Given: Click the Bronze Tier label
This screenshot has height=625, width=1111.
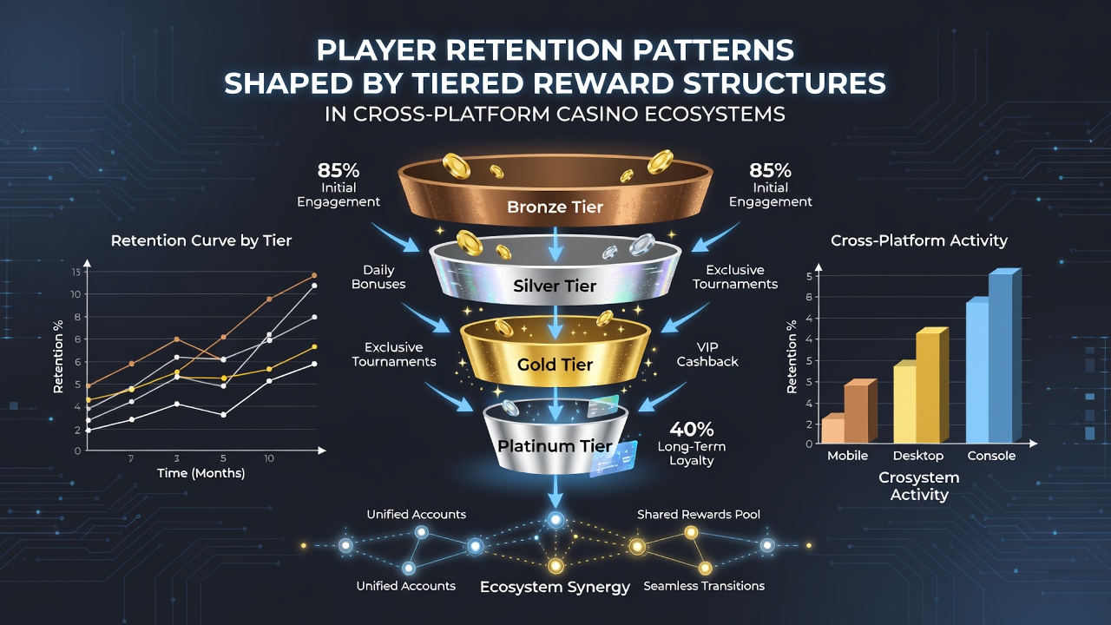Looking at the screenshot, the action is click(x=555, y=207).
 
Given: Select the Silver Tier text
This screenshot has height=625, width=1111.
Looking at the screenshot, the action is click(x=555, y=286).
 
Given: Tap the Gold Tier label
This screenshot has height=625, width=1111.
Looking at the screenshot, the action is click(x=555, y=365).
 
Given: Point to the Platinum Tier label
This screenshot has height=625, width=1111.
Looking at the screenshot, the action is click(x=555, y=445).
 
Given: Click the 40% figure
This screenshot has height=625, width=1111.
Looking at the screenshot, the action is click(x=692, y=429).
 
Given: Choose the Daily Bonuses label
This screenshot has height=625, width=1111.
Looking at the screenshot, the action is click(x=378, y=277).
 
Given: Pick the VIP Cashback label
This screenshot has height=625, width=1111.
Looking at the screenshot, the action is click(x=707, y=354).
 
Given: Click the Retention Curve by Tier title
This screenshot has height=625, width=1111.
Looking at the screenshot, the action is click(x=201, y=240).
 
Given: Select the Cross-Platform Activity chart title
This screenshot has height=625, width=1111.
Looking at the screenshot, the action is click(x=919, y=240).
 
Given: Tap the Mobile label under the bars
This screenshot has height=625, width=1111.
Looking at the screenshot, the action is click(x=848, y=456).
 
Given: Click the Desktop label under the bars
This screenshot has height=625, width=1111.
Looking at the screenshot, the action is click(x=918, y=456).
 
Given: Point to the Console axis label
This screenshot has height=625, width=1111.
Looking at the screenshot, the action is click(x=991, y=456).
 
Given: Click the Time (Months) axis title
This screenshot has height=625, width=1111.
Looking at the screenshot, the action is click(x=201, y=473).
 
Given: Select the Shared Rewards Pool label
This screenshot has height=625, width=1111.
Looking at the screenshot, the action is click(x=699, y=515).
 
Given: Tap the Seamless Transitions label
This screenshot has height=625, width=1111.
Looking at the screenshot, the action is click(x=704, y=586).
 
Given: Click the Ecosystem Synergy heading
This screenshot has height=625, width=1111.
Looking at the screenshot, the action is click(x=555, y=588).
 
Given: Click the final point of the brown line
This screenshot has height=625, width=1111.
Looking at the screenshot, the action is click(x=314, y=275).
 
